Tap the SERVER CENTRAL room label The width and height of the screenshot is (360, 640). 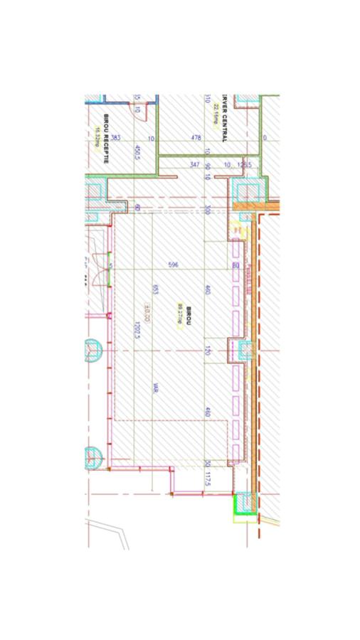point(223,118)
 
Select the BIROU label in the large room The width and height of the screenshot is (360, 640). point(189,311)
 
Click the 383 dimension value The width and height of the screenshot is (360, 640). point(115,138)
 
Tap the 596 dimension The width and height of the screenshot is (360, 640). point(172,265)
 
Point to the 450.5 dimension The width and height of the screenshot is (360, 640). point(136,153)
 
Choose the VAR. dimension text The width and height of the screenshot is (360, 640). point(155,388)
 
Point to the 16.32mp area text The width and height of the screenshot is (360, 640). point(96,135)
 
